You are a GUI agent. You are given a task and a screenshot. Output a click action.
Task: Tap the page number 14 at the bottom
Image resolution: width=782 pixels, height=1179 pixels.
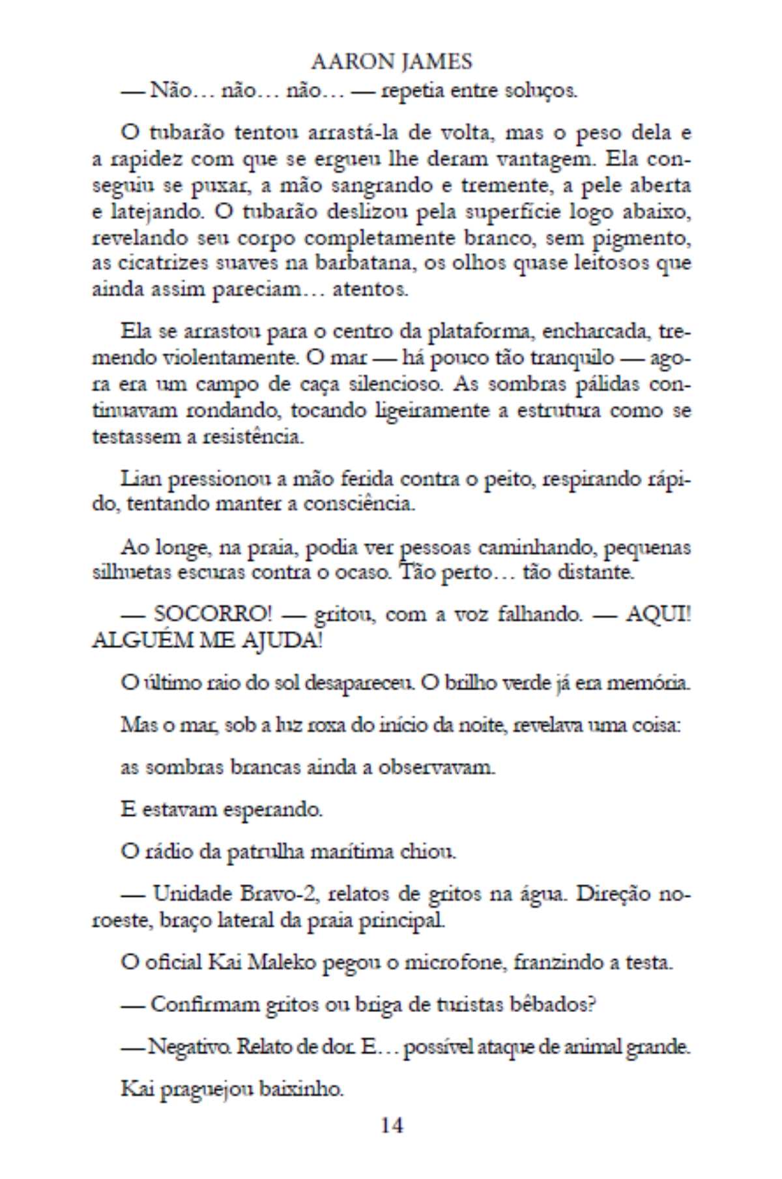pos(392,1125)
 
